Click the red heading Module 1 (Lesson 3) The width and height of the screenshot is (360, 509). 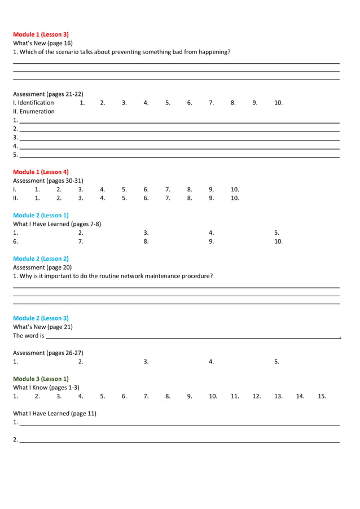[41, 34]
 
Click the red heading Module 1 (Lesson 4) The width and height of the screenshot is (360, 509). [41, 172]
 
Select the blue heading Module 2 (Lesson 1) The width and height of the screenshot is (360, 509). [41, 215]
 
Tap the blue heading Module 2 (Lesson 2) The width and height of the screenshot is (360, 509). [41, 258]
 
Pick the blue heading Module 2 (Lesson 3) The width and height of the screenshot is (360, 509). [41, 318]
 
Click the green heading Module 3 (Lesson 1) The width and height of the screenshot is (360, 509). [41, 379]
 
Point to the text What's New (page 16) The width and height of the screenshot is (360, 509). [43, 43]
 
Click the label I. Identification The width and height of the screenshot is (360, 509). [34, 103]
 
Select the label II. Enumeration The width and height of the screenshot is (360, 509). [34, 111]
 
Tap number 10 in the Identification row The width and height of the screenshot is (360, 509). [278, 103]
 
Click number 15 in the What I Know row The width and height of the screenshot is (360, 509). [322, 396]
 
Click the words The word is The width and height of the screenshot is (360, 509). [28, 336]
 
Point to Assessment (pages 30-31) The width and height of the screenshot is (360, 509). [48, 181]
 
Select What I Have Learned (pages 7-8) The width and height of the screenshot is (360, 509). [57, 223]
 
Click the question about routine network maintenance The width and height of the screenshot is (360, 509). [113, 276]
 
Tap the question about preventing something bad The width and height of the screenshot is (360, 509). [121, 52]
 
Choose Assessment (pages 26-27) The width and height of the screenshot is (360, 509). [48, 353]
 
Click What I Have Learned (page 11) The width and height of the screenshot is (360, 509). [55, 413]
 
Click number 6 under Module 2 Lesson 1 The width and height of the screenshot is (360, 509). [16, 241]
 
